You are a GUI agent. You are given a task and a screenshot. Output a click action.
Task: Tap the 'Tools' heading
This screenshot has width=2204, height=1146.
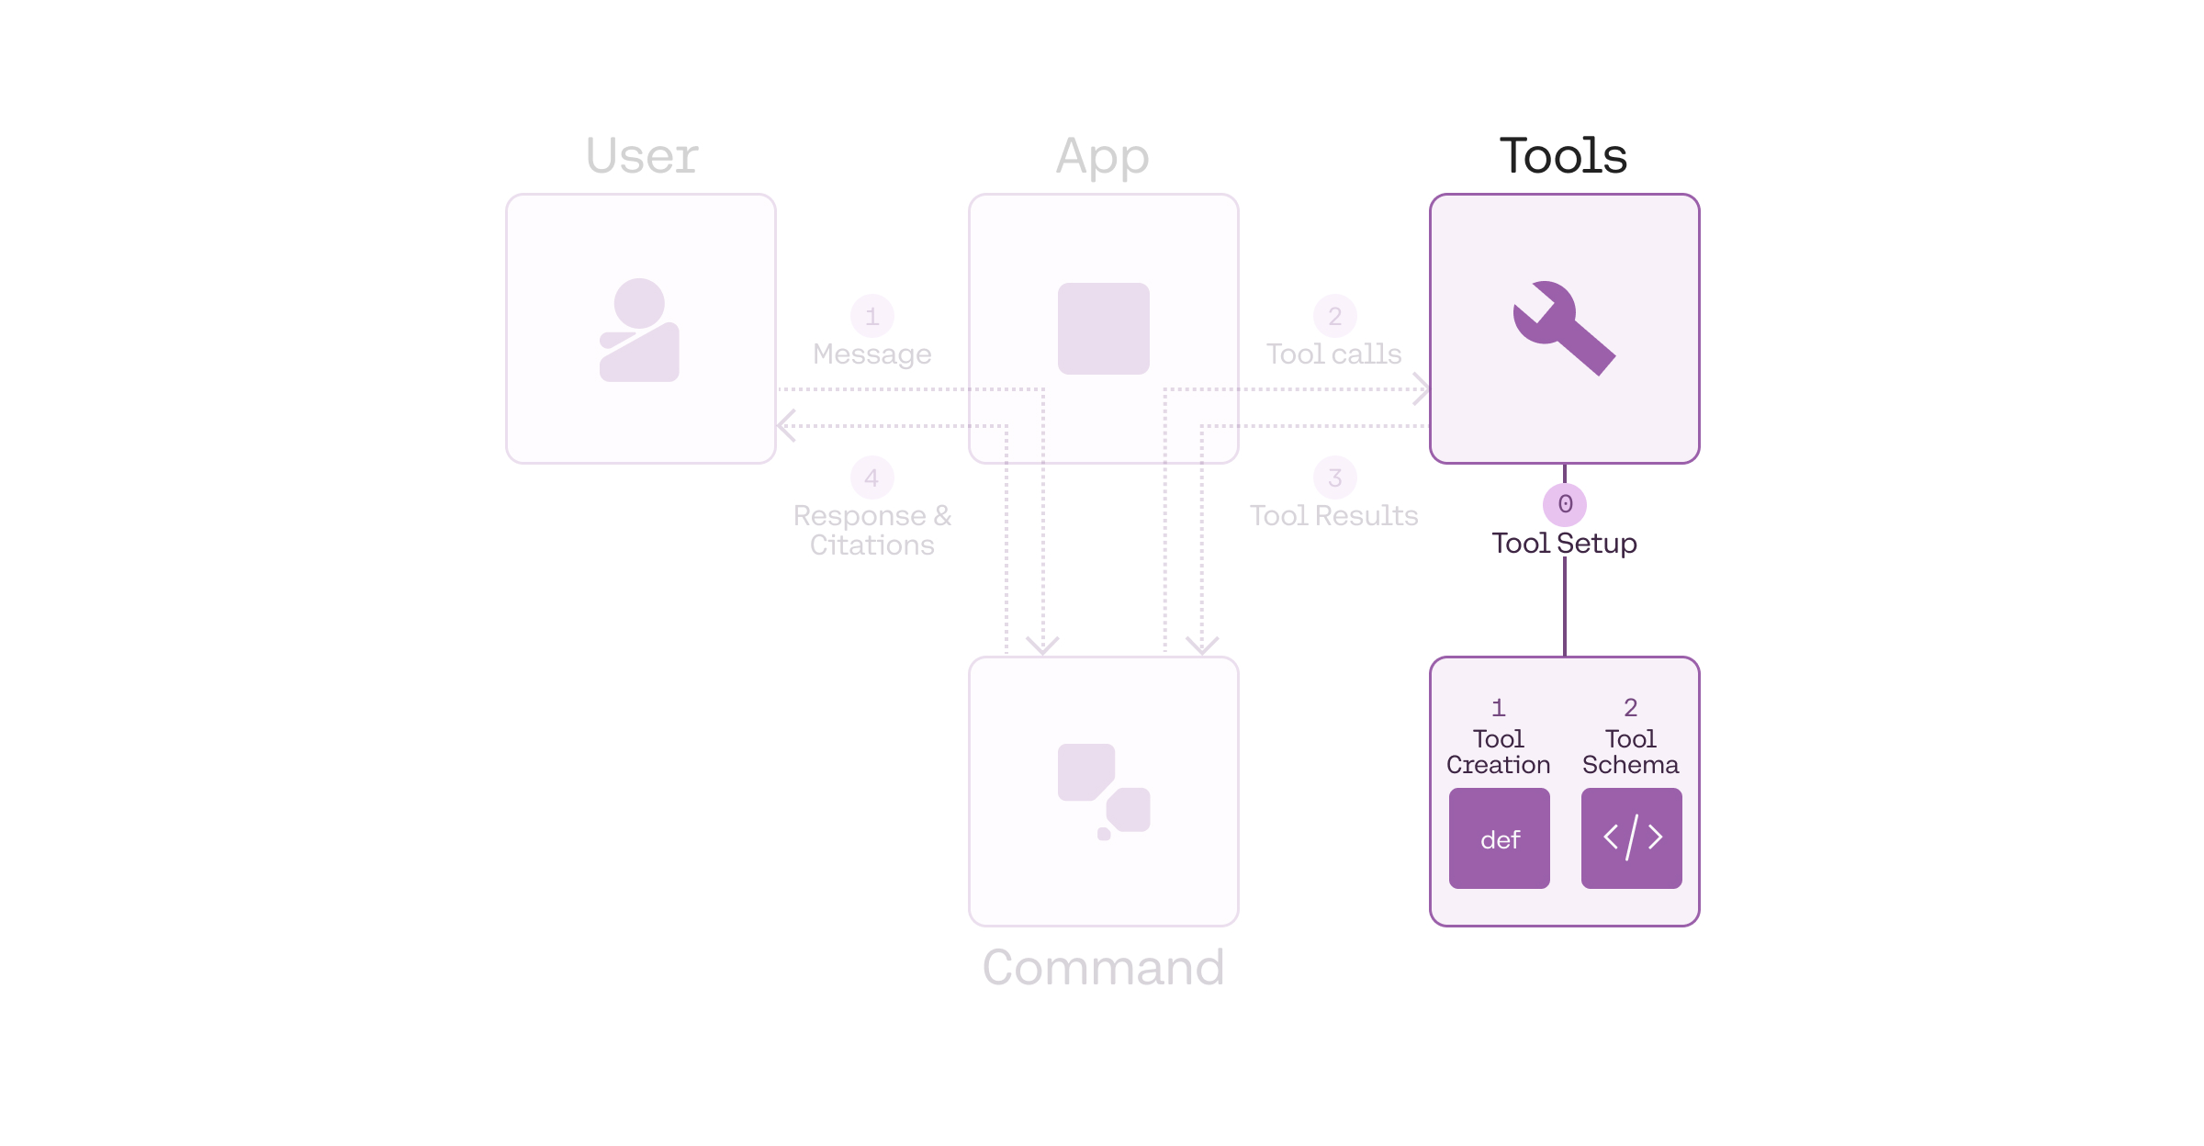click(1563, 155)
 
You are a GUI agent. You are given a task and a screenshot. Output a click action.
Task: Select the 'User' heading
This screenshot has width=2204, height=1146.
click(642, 155)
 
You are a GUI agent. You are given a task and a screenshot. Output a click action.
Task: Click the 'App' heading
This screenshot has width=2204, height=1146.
click(1102, 157)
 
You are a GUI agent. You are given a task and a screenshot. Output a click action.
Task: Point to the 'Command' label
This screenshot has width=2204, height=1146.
click(1103, 967)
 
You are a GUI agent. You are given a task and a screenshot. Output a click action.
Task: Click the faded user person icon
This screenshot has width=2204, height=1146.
click(639, 330)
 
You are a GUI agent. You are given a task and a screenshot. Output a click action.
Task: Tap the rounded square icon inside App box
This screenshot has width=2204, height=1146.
click(1103, 329)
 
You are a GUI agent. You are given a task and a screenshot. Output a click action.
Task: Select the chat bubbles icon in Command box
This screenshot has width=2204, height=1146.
click(1104, 791)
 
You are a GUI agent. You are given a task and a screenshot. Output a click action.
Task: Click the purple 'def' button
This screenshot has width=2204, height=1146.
click(1499, 838)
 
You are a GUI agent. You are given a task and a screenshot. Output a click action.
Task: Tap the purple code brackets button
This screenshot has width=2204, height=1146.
click(1631, 838)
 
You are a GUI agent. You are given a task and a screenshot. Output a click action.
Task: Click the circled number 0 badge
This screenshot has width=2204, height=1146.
click(1565, 504)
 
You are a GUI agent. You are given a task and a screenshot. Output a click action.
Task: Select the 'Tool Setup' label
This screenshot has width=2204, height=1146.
click(1564, 543)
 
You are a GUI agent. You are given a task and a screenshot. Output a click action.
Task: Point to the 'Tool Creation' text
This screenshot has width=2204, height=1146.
click(1498, 752)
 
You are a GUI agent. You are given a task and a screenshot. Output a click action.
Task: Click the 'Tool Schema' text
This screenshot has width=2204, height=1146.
click(1630, 752)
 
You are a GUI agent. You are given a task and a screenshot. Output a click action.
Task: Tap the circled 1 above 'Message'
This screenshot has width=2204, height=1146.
click(871, 317)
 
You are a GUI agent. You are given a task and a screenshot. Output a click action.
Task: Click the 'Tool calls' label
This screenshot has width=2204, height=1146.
click(1333, 354)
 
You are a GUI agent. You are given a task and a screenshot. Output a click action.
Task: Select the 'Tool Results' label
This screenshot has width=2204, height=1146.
click(1333, 515)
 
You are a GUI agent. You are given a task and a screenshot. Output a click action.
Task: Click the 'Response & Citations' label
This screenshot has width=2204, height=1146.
click(871, 530)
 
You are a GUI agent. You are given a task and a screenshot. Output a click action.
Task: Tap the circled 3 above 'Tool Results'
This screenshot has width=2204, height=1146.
click(1334, 477)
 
